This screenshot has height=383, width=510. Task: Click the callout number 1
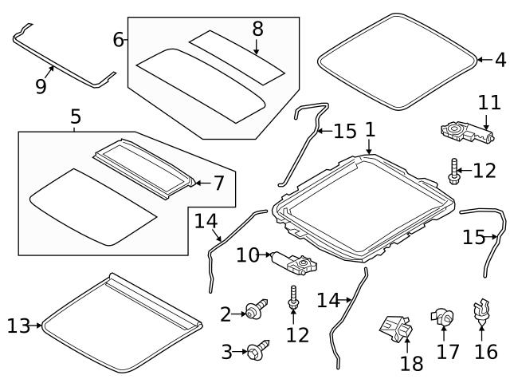(370, 128)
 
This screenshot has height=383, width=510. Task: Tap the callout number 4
(500, 59)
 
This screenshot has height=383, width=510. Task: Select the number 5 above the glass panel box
(76, 117)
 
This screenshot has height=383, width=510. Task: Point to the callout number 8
(257, 29)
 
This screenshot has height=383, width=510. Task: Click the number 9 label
(41, 85)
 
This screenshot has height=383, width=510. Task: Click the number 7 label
(219, 184)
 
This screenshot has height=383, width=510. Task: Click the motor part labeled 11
(465, 130)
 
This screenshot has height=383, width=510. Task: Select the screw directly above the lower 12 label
(294, 298)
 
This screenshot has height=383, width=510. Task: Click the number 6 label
(118, 38)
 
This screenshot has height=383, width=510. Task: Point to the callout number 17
(448, 350)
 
